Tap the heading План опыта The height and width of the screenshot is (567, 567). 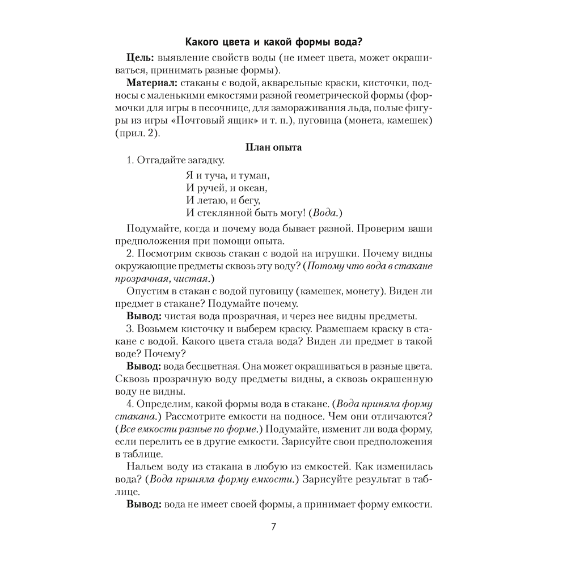click(x=273, y=147)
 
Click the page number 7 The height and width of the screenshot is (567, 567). click(x=273, y=527)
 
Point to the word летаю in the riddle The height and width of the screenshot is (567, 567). click(x=212, y=200)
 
